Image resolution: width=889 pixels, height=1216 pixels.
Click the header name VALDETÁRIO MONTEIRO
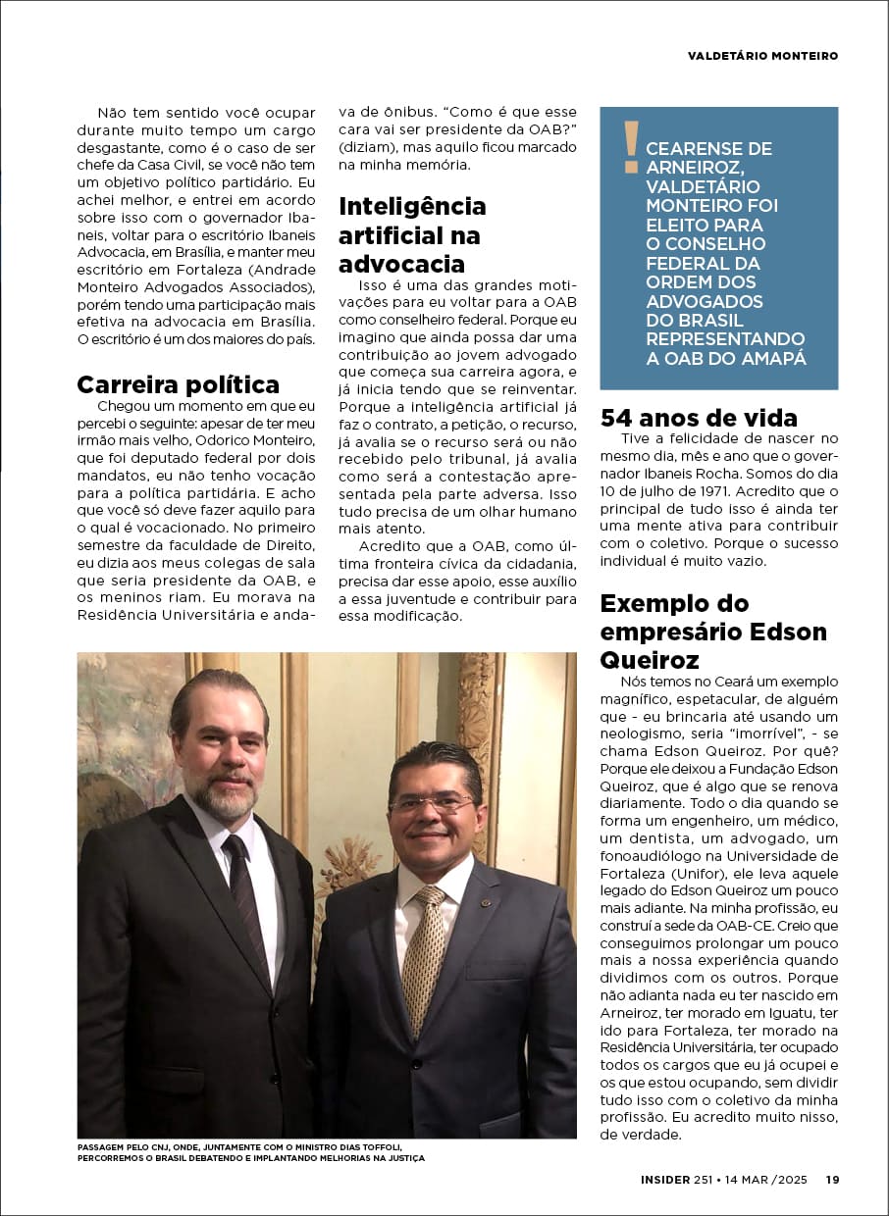(762, 56)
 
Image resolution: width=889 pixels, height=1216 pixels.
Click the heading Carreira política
(178, 384)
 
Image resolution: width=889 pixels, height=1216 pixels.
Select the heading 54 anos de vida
(699, 419)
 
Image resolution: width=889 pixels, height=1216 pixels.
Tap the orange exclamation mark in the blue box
(631, 146)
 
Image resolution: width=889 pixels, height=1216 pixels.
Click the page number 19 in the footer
(831, 1180)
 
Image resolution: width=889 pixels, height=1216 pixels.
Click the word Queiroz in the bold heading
(650, 660)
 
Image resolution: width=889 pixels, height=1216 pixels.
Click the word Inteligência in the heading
(412, 206)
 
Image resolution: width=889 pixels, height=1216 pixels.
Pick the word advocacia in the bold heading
(401, 264)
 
